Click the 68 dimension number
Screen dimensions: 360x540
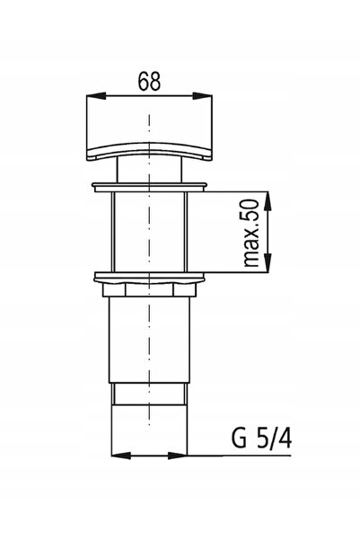point(149,82)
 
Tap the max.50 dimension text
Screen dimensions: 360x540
point(250,233)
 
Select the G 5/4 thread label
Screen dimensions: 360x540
point(261,438)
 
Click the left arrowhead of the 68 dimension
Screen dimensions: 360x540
point(96,96)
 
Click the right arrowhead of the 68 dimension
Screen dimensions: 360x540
point(202,96)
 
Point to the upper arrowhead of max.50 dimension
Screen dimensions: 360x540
point(268,201)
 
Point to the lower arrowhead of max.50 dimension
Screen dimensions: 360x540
point(268,263)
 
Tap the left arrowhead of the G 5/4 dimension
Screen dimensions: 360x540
point(121,456)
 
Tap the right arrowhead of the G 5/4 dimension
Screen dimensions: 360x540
point(177,456)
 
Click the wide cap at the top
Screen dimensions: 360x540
point(149,128)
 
